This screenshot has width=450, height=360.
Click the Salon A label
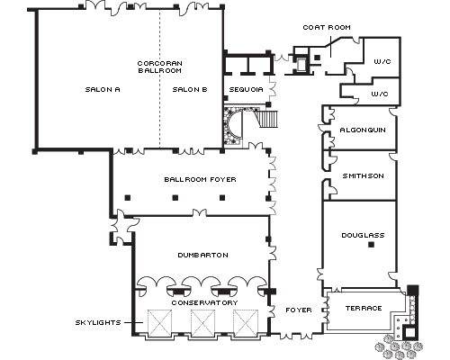pyautogui.click(x=103, y=89)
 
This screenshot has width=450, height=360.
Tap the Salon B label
pyautogui.click(x=190, y=89)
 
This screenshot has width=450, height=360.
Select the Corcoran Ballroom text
pyautogui.click(x=159, y=67)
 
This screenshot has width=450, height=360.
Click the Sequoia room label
pyautogui.click(x=246, y=89)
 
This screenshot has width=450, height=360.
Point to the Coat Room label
pyautogui.click(x=327, y=27)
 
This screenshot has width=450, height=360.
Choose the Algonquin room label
pyautogui.click(x=363, y=130)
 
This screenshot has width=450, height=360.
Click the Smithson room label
pyautogui.click(x=363, y=175)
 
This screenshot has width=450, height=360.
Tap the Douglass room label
pyautogui.click(x=363, y=235)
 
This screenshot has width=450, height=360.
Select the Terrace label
pyautogui.click(x=364, y=308)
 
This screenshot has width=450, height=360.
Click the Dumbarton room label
pyautogui.click(x=203, y=255)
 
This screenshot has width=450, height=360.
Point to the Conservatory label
pyautogui.click(x=204, y=302)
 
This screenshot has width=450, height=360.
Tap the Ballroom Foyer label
pyautogui.click(x=200, y=179)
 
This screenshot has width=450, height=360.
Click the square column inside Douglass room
pyautogui.click(x=371, y=245)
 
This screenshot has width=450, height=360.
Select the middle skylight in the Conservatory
pyautogui.click(x=202, y=322)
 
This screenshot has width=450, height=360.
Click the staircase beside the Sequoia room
pyautogui.click(x=267, y=119)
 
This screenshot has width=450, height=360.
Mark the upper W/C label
pyautogui.click(x=382, y=61)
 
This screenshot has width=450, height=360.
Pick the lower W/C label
pyautogui.click(x=380, y=94)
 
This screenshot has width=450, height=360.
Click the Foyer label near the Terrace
pyautogui.click(x=299, y=310)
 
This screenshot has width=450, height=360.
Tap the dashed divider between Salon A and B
pyautogui.click(x=159, y=78)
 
